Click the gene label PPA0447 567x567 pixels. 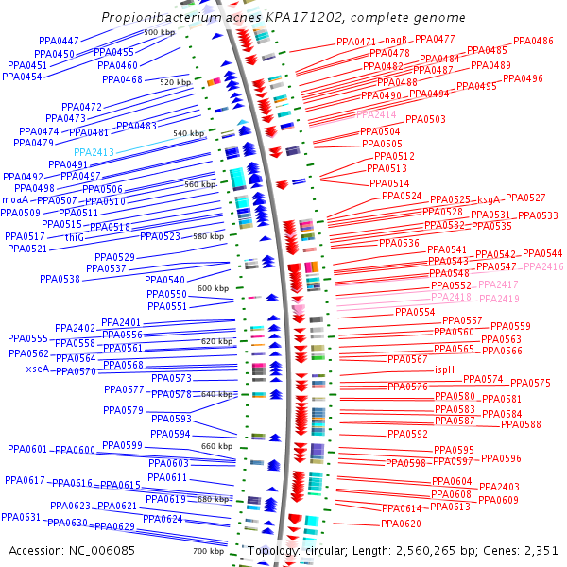[x=59, y=42]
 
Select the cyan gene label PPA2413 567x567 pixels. [x=94, y=152]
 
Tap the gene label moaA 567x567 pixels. [x=15, y=201]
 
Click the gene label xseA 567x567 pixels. [x=38, y=369]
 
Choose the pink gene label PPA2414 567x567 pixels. [x=377, y=114]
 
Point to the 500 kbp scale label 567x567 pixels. [x=159, y=33]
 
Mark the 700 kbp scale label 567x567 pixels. [x=208, y=551]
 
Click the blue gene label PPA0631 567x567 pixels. [x=21, y=518]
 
